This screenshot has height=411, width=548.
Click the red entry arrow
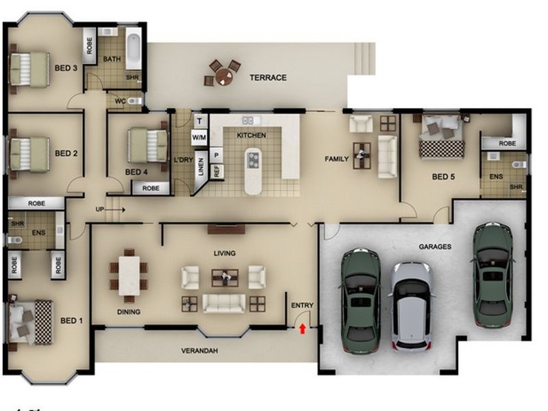click(x=302, y=329)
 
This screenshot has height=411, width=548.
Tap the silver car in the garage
click(x=412, y=304)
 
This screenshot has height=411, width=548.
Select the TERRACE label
click(x=268, y=78)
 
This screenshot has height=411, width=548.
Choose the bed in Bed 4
click(x=149, y=146)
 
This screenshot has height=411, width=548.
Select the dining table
click(x=129, y=275)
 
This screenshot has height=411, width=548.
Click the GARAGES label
click(x=435, y=247)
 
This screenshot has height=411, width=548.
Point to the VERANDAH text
click(x=199, y=351)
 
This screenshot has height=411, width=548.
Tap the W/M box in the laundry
click(x=199, y=137)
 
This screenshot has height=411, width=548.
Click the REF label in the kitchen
click(x=216, y=171)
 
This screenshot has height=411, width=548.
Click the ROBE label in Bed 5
click(x=507, y=144)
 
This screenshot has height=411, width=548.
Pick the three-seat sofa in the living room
click(x=224, y=303)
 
